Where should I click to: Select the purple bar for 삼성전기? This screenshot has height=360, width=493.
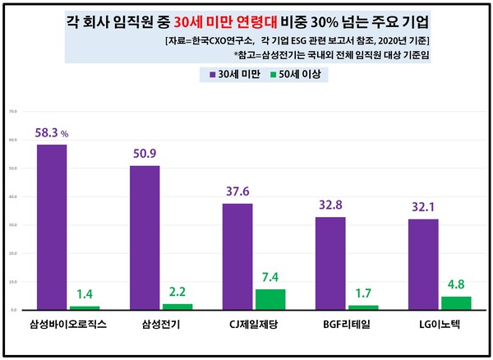point(145,238)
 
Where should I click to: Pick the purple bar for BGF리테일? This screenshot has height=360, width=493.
point(330,264)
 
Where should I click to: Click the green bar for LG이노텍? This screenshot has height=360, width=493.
point(455,303)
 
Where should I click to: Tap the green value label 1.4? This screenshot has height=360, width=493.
point(85,293)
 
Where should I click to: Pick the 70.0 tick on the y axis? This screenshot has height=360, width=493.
point(12,111)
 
